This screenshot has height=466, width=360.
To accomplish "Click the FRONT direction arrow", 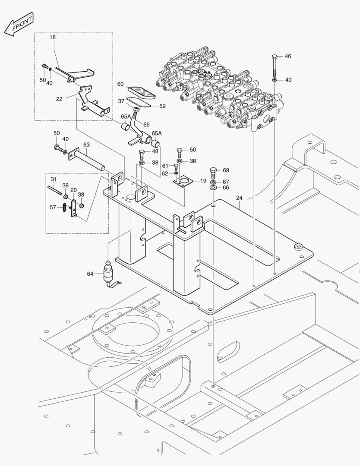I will [x=18, y=25].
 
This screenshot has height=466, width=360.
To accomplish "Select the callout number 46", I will [x=288, y=56].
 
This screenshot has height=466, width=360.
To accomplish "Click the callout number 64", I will [x=90, y=274].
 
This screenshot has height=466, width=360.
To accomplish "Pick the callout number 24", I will [x=240, y=198].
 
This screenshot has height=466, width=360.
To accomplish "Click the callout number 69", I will [x=226, y=170].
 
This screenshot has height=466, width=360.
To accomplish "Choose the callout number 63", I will [x=86, y=145].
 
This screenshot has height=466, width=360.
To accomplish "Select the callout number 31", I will [x=54, y=179].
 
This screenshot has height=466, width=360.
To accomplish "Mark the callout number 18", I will [x=53, y=38].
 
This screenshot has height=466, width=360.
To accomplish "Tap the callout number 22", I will [x=59, y=99].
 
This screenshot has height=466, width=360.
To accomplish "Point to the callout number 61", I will [x=165, y=166].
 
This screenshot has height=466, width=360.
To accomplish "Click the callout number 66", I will [x=226, y=188].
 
